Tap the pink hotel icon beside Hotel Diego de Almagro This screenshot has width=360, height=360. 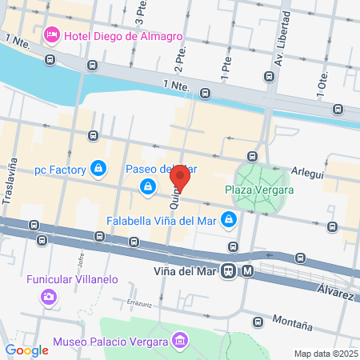51,35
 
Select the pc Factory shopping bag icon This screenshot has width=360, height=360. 98,169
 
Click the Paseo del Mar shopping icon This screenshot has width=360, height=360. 148,186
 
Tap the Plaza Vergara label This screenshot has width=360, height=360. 259,190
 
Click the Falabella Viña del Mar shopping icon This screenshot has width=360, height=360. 229,218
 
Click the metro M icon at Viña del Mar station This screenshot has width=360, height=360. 248,270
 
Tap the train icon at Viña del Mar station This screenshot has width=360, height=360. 229,270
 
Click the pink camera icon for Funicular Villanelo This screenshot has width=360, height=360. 50,297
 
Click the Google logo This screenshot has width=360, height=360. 26,350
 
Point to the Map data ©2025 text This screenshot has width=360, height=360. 325,353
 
